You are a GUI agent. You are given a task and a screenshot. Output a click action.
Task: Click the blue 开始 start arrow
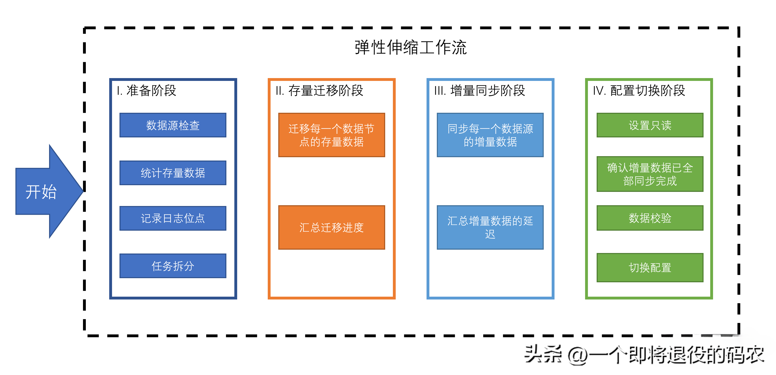click(x=45, y=192)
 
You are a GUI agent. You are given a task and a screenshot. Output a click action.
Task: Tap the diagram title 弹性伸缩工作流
click(x=411, y=47)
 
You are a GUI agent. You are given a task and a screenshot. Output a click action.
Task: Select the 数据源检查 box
click(x=173, y=125)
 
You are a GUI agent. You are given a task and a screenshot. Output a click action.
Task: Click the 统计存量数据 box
click(x=173, y=173)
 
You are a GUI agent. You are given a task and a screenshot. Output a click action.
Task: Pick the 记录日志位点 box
click(x=173, y=218)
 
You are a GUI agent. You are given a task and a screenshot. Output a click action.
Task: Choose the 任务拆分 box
click(x=173, y=266)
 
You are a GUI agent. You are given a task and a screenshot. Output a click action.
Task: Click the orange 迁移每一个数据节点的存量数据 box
click(x=332, y=135)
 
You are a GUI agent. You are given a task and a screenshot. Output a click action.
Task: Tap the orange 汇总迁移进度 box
click(x=332, y=227)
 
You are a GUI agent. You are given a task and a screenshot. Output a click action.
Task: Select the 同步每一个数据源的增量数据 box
click(x=490, y=135)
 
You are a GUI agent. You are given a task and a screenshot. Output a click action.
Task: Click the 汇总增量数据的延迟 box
click(x=490, y=227)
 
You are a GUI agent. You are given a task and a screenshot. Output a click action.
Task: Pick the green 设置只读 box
click(x=650, y=125)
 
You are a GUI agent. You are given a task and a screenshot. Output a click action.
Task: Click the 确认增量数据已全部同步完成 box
click(x=650, y=174)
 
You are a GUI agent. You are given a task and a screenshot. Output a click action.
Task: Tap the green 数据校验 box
click(x=650, y=218)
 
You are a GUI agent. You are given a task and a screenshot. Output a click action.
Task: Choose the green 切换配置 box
click(x=650, y=267)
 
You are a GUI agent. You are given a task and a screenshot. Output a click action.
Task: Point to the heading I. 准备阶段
click(x=147, y=90)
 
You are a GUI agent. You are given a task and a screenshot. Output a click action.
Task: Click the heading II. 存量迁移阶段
click(x=319, y=90)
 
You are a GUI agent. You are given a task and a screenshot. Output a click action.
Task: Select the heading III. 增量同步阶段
click(x=479, y=90)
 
